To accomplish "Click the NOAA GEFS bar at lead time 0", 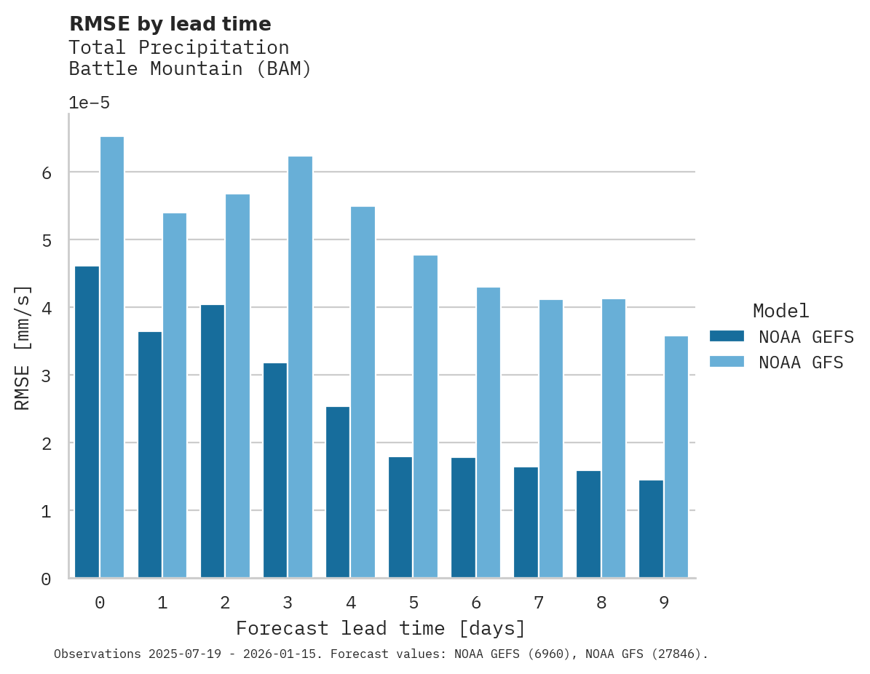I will click(87, 422).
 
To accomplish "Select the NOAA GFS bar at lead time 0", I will click(112, 357).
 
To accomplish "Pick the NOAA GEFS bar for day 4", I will click(338, 492).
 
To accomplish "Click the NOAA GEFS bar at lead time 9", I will click(651, 529).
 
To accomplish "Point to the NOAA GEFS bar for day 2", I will click(213, 441).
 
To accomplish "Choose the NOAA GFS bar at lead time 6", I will click(489, 432).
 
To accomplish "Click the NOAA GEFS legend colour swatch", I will click(727, 336).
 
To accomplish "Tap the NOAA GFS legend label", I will click(801, 362).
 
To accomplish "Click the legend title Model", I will click(780, 312).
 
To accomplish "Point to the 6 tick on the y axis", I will click(46, 173).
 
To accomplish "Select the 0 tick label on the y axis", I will click(46, 579).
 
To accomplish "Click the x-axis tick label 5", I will click(414, 603).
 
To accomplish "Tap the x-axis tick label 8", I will click(601, 603).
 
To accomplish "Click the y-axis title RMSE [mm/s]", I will click(23, 347).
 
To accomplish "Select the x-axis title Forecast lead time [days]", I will click(380, 628).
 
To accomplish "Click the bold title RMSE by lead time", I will click(170, 24).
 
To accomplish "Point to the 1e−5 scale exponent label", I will click(89, 103).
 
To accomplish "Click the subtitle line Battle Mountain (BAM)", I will click(190, 69).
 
